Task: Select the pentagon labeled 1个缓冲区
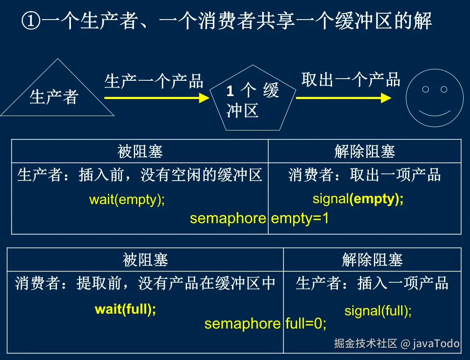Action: click(253, 100)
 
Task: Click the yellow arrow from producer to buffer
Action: click(156, 98)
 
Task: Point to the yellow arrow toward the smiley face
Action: click(343, 98)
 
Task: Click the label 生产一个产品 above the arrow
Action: click(154, 81)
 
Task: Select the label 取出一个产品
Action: click(351, 79)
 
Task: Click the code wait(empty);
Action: click(127, 199)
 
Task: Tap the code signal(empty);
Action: click(358, 198)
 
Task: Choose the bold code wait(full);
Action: click(125, 309)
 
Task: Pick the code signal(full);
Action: click(378, 311)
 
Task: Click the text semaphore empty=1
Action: click(259, 218)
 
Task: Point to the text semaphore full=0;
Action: click(265, 324)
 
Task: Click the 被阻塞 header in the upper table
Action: click(140, 151)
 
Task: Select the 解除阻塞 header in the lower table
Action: click(372, 260)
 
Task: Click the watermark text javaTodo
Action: click(436, 343)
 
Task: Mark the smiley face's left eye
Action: click(425, 89)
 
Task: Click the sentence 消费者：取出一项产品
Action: click(364, 175)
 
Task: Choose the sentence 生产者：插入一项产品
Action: click(372, 283)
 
